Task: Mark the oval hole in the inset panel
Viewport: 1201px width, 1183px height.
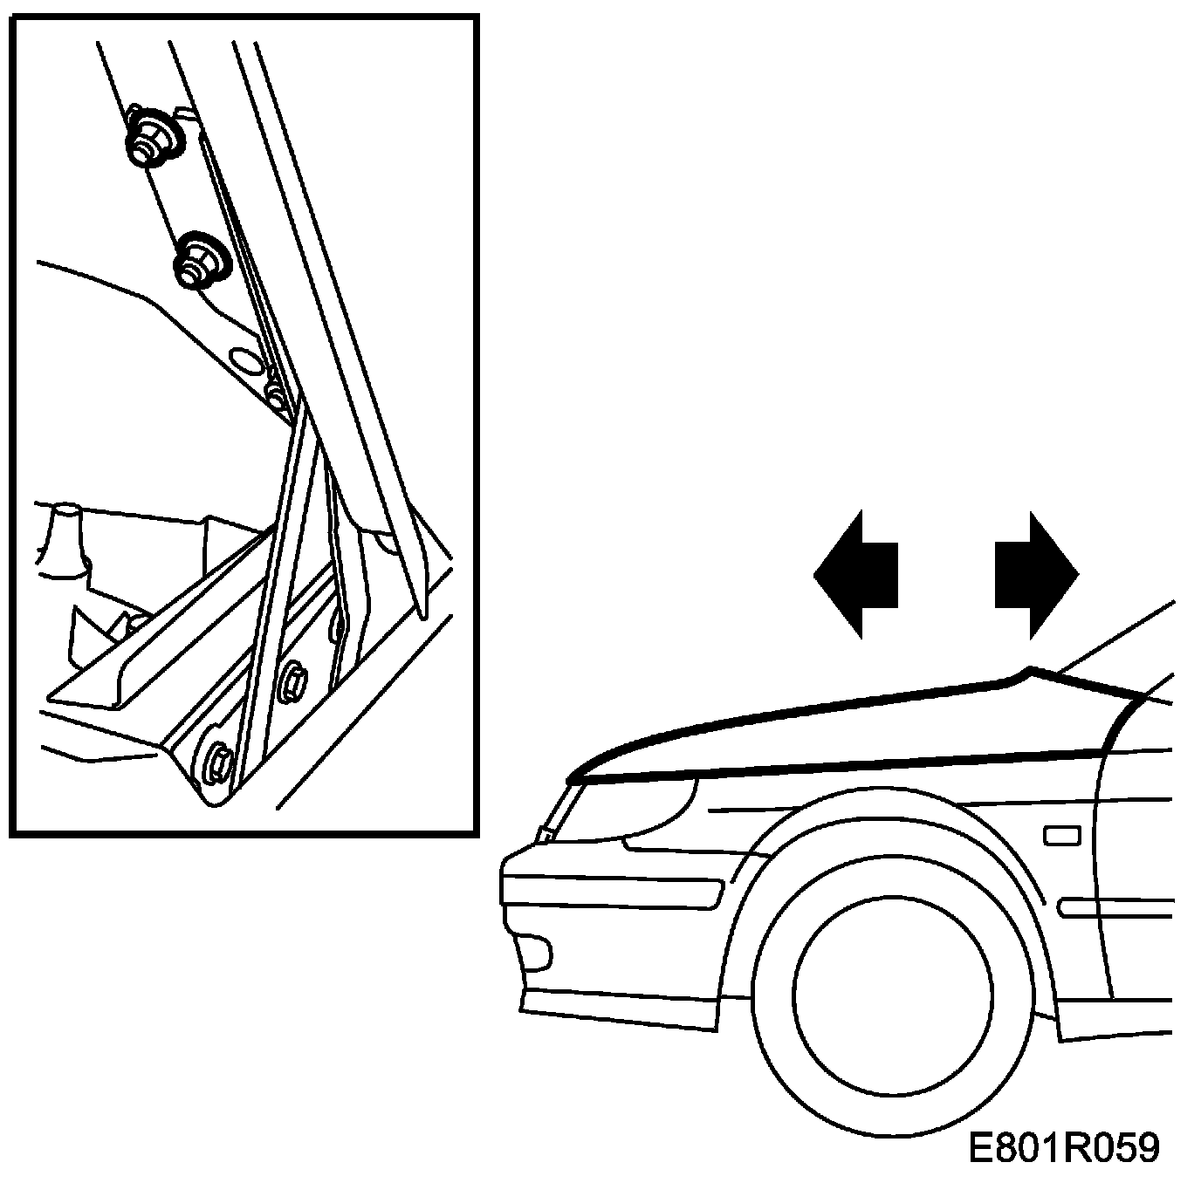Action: coord(246,359)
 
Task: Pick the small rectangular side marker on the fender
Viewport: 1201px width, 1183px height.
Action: coord(1061,836)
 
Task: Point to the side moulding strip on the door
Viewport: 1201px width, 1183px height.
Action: coord(1117,907)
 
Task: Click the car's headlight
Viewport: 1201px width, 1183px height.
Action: coord(637,807)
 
